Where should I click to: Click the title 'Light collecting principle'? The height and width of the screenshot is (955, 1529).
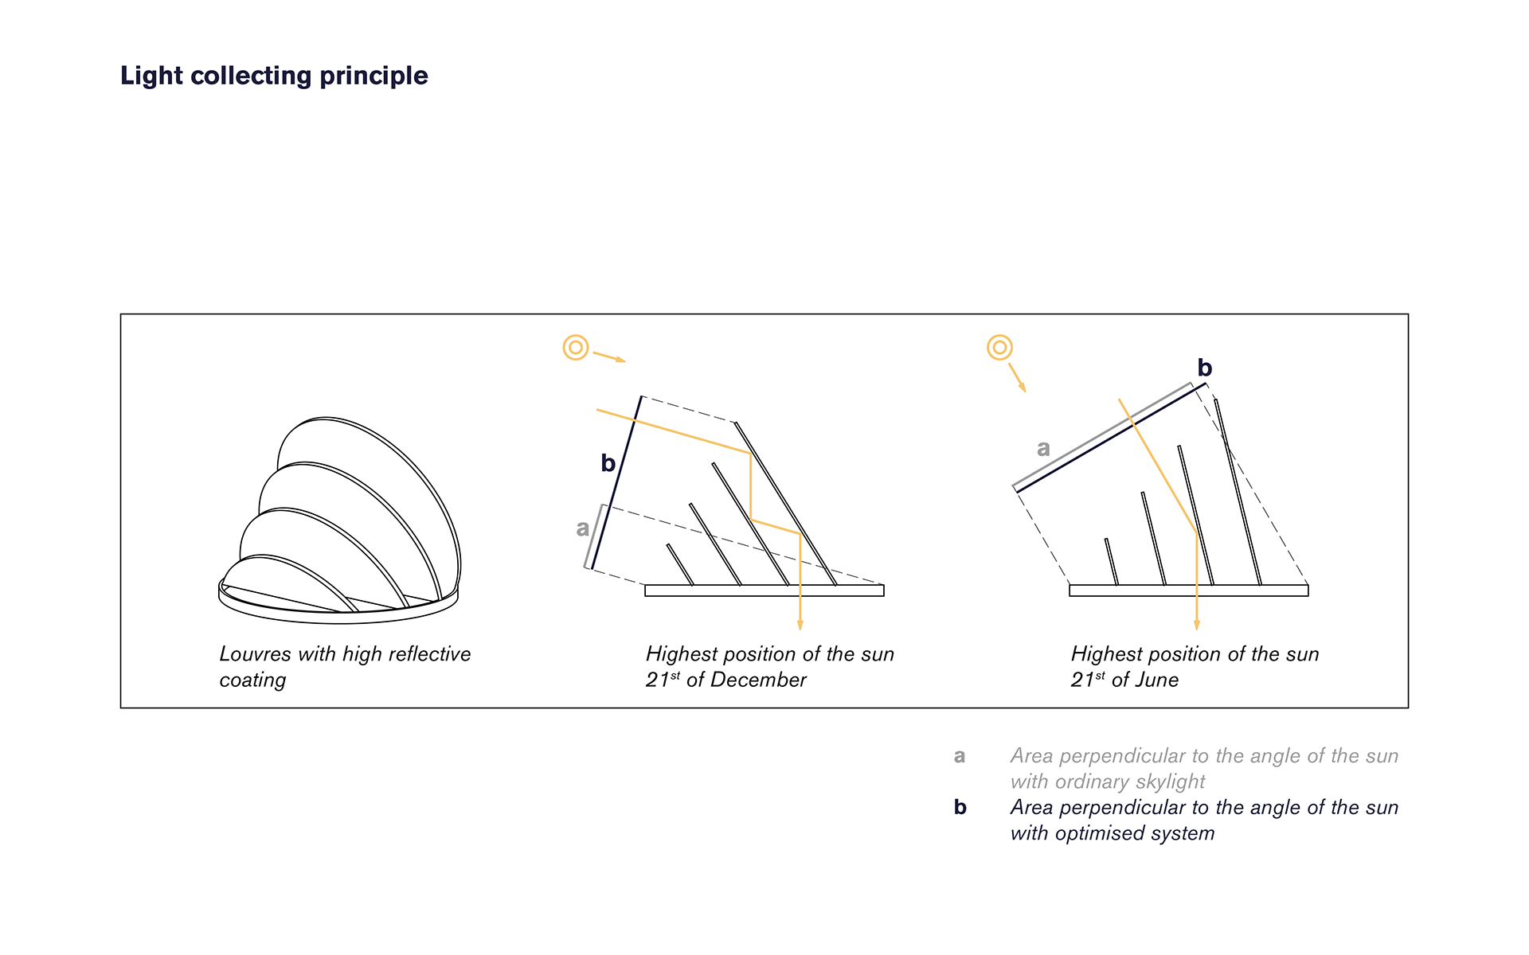[x=274, y=76]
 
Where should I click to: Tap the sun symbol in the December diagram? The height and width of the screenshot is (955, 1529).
[x=576, y=348]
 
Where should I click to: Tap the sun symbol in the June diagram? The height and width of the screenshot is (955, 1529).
[x=999, y=348]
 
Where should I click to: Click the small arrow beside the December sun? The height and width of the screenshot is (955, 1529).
[x=610, y=357]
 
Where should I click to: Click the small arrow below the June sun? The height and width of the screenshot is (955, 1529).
[x=1018, y=378]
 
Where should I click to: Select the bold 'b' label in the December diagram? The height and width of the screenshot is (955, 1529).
[x=608, y=462]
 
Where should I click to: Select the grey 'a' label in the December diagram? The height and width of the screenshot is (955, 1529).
[x=583, y=528]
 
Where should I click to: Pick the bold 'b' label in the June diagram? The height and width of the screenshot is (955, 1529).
[x=1205, y=368]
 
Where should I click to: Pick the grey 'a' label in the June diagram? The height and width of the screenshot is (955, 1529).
[x=1043, y=449]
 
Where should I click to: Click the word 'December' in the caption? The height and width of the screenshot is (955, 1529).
[x=758, y=680]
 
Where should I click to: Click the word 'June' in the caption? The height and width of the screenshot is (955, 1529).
[x=1157, y=680]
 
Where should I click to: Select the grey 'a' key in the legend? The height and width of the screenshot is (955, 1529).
[x=960, y=756]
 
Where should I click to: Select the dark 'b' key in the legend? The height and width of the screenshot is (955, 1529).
[x=960, y=807]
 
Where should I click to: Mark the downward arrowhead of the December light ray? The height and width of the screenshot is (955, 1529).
[x=800, y=624]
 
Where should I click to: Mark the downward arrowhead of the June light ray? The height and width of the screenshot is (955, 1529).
[x=1197, y=624]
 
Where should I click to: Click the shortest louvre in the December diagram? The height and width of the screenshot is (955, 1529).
[x=680, y=565]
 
